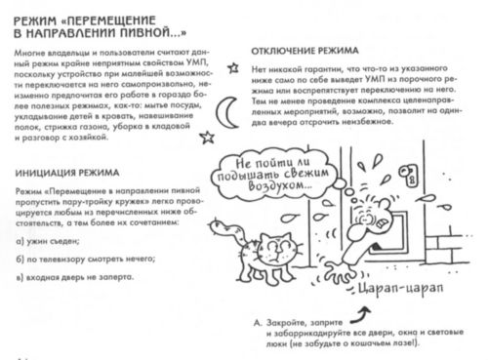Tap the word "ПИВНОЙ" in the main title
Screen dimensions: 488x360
(x=155, y=28)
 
